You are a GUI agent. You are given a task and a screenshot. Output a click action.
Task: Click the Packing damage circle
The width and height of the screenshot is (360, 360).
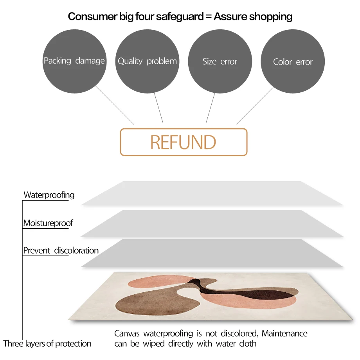click(74, 61)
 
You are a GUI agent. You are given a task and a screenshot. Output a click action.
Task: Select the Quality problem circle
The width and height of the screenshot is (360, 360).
click(147, 61)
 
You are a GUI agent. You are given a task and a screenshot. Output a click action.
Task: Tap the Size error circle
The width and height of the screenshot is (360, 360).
click(220, 61)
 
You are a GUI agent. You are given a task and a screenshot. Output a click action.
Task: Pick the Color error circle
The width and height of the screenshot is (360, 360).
click(293, 62)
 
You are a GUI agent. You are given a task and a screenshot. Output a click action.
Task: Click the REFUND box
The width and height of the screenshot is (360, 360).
click(184, 142)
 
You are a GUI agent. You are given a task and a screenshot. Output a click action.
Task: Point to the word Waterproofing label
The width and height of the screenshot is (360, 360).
click(49, 195)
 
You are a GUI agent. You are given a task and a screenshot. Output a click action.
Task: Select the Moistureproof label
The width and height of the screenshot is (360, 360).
click(48, 223)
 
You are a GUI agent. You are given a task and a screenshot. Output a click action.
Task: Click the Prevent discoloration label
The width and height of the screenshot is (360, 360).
click(61, 250)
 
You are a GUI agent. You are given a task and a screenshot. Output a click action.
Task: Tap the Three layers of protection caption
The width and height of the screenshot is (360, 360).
click(47, 344)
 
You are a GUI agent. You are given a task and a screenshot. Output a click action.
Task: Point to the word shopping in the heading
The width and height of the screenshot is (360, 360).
click(272, 17)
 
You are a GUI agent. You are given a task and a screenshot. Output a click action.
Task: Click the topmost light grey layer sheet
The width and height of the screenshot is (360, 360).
click(211, 193)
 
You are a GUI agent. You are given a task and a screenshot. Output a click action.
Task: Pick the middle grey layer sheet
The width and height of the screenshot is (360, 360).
click(211, 223)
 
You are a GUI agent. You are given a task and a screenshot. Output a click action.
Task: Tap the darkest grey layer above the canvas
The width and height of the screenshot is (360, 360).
click(211, 253)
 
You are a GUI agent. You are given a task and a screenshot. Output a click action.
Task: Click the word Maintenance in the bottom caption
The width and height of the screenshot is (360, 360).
click(284, 334)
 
